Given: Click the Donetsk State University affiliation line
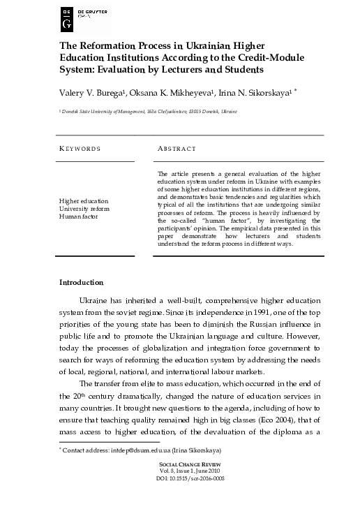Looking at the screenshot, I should tap(158, 111).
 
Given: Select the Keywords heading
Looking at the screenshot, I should tap(80, 149).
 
